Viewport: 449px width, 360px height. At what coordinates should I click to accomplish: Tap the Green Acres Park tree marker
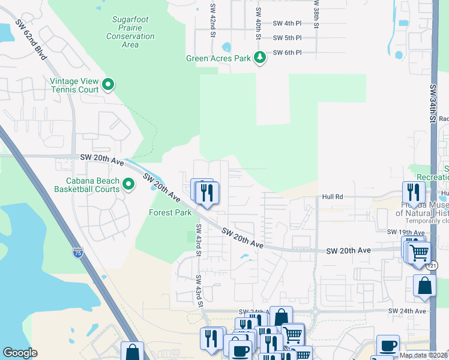(x=260, y=58)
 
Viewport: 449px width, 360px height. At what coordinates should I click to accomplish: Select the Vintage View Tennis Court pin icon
(x=108, y=85)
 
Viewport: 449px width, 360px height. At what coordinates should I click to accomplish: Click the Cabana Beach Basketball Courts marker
(x=128, y=184)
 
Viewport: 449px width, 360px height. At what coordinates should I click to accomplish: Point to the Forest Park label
(x=170, y=212)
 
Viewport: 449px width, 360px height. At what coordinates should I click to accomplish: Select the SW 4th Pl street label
(x=287, y=23)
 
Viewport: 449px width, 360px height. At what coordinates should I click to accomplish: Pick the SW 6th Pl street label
(x=287, y=53)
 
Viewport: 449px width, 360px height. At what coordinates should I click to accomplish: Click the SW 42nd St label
(x=212, y=20)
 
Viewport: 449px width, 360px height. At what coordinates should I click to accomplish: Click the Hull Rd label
(x=332, y=196)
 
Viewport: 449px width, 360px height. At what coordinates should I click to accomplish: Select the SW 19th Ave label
(x=401, y=232)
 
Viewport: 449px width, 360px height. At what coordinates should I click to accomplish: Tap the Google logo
(x=20, y=353)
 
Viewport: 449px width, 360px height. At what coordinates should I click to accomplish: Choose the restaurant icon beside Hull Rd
(x=413, y=192)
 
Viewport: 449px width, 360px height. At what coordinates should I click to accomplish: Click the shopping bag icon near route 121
(x=424, y=287)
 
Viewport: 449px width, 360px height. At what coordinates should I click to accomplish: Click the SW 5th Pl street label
(x=287, y=38)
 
